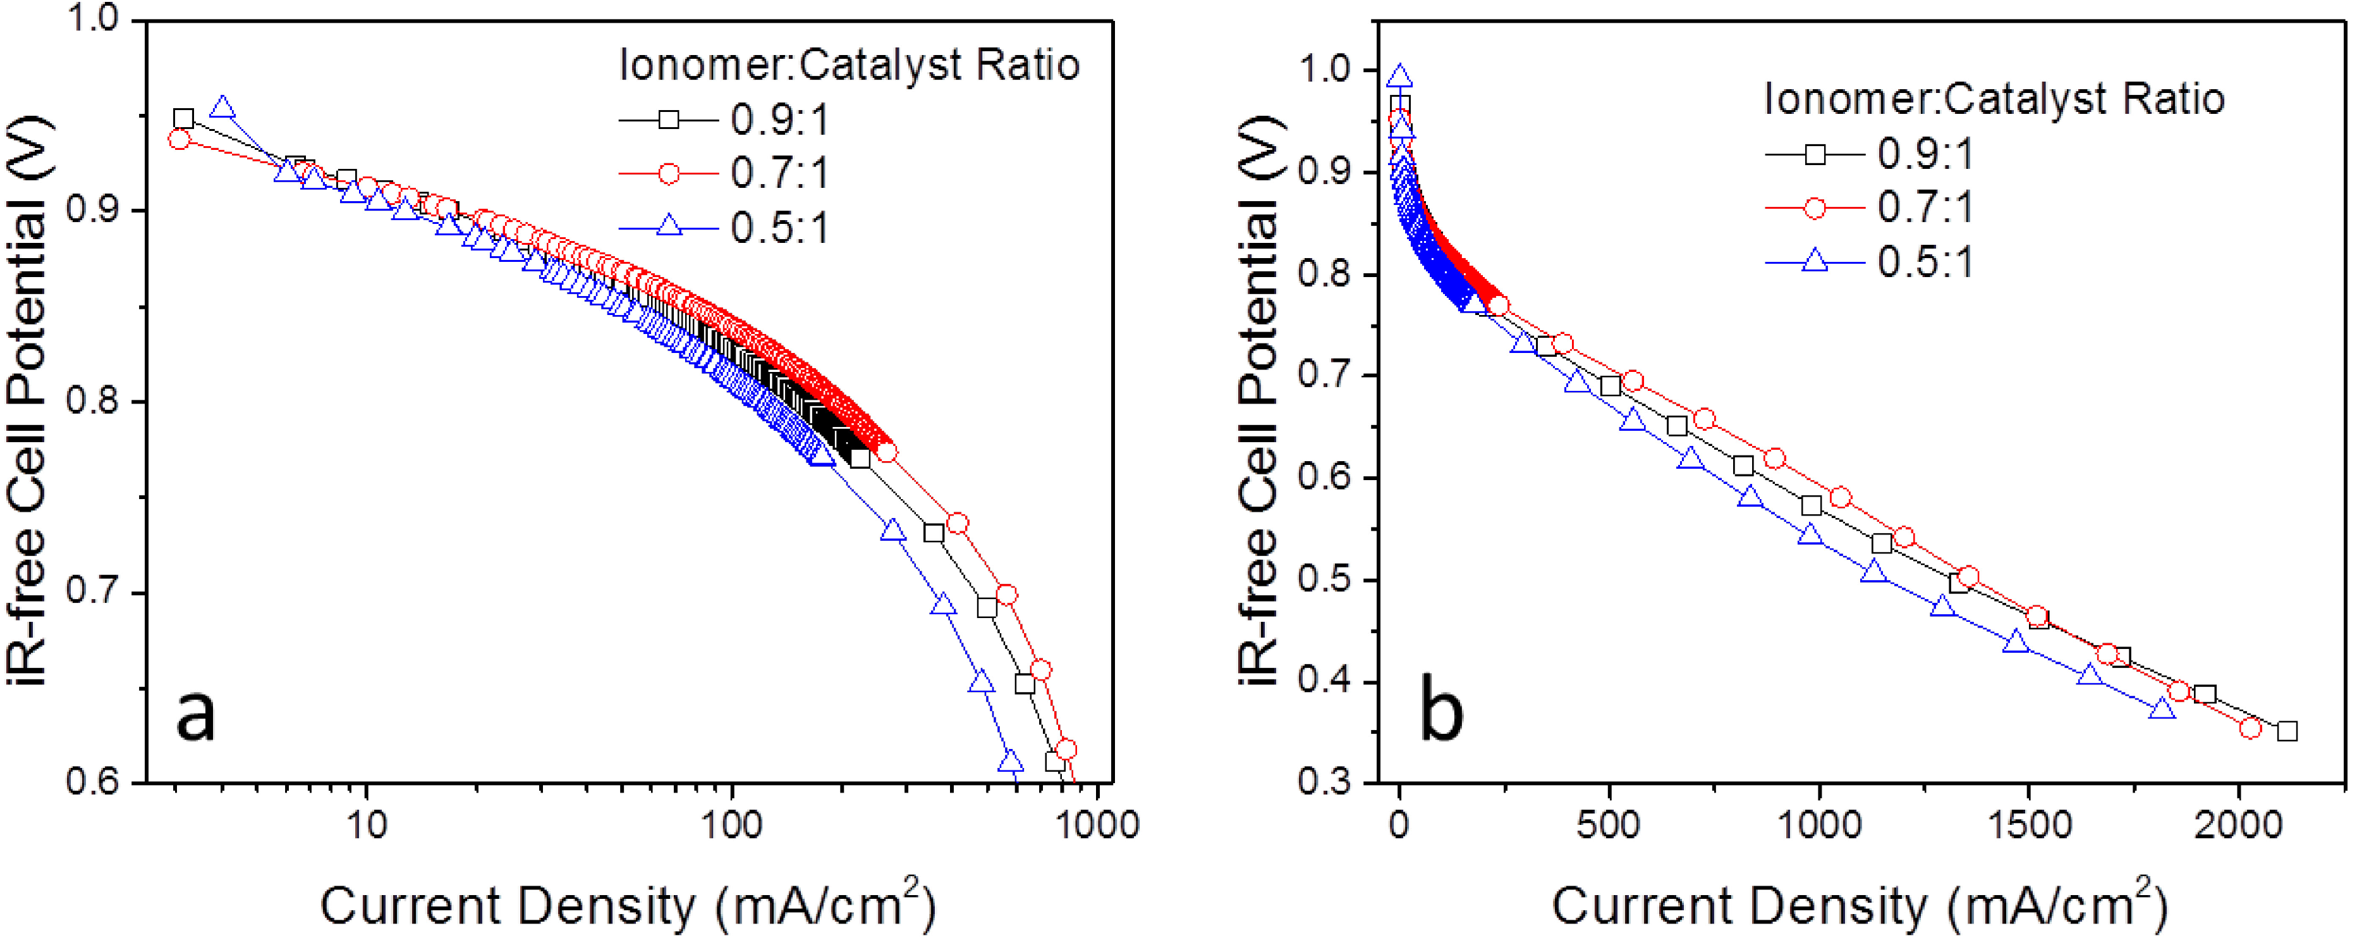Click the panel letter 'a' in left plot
(x=196, y=715)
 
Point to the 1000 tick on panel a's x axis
(x=1095, y=826)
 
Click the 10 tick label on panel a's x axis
(x=366, y=826)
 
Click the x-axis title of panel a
(x=628, y=905)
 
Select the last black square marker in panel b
(x=2287, y=731)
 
